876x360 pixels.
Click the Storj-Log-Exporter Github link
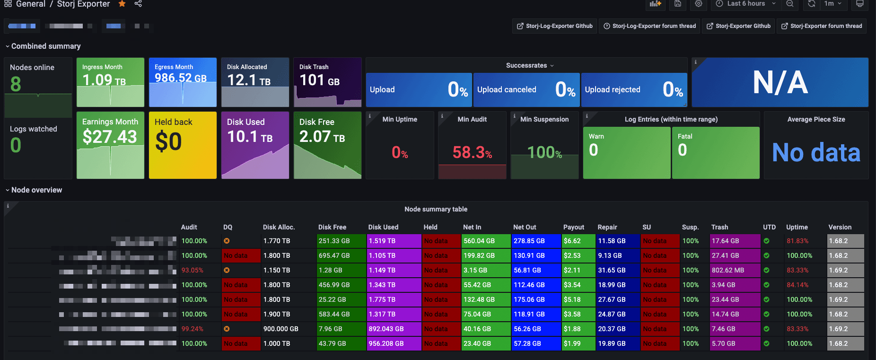(x=555, y=26)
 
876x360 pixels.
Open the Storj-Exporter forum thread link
(x=822, y=26)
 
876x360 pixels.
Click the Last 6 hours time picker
(x=746, y=3)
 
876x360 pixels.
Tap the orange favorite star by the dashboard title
(x=122, y=4)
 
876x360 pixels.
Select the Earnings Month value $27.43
(x=110, y=137)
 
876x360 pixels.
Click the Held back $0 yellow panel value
(x=168, y=141)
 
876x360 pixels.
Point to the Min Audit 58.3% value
(x=472, y=152)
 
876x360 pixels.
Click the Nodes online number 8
(x=16, y=84)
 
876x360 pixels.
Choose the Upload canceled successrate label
(x=507, y=89)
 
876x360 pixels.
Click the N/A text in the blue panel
(x=780, y=83)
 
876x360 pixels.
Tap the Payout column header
(x=573, y=227)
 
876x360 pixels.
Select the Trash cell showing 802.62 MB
(x=727, y=270)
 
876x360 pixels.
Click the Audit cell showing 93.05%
(x=193, y=270)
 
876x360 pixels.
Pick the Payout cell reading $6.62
(x=572, y=241)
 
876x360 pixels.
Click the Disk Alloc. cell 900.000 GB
(x=280, y=329)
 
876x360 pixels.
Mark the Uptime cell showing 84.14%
(x=797, y=285)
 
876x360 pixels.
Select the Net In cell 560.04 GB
(x=479, y=241)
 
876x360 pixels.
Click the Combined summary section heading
(x=45, y=46)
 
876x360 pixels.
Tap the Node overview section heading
(x=36, y=190)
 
